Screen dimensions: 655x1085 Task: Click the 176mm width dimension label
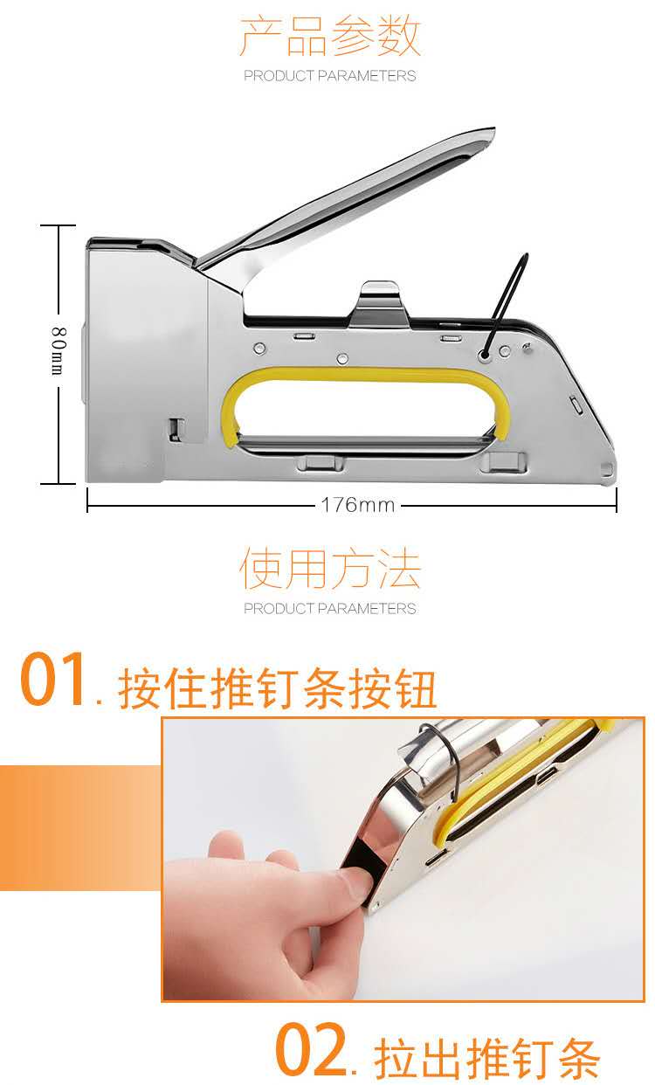tap(358, 505)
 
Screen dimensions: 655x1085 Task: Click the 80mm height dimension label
tap(59, 350)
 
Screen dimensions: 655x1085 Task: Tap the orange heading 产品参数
tap(329, 36)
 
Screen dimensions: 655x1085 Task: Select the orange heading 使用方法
tap(329, 569)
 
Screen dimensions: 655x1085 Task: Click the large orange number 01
tap(52, 679)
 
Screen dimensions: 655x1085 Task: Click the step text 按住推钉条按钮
tap(277, 688)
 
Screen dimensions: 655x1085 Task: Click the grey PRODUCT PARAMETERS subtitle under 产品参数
tap(329, 75)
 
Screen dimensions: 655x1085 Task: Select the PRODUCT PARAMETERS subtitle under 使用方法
tap(329, 608)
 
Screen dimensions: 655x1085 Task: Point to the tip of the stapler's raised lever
tap(493, 129)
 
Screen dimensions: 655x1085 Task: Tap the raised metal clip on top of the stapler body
tap(381, 301)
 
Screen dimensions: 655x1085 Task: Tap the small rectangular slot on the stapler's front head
tap(176, 429)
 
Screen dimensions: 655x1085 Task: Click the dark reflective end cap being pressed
tap(366, 867)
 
